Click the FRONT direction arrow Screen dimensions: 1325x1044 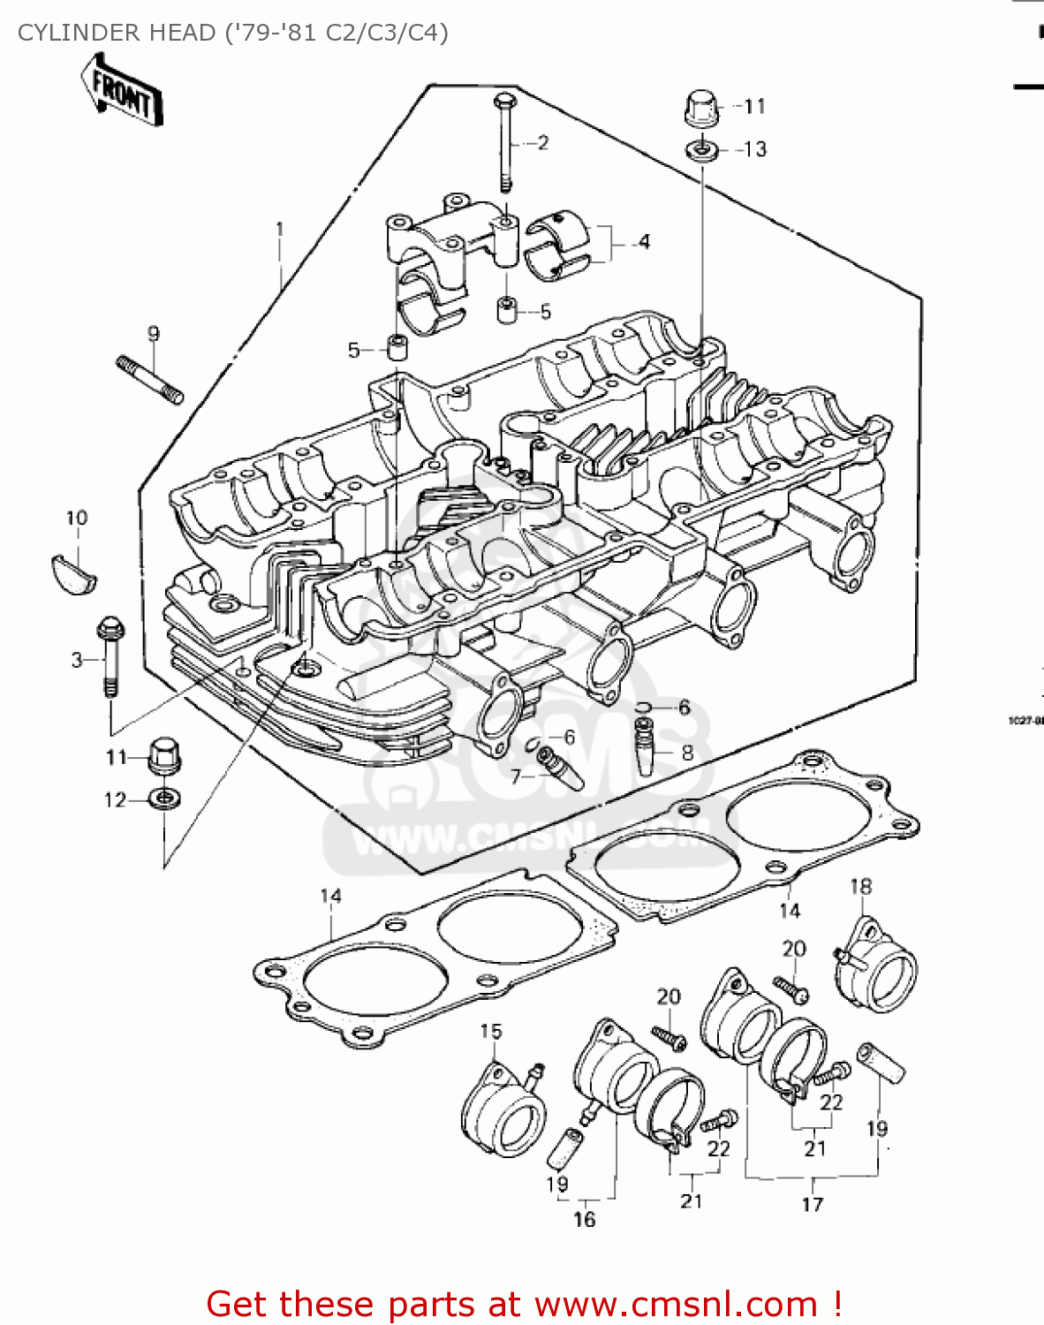pos(121,90)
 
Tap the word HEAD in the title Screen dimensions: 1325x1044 pos(178,33)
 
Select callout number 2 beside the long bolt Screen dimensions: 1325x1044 pos(542,142)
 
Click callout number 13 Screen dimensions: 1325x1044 pos(755,149)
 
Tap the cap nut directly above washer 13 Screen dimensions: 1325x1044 pos(700,107)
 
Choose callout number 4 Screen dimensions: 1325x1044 pos(644,241)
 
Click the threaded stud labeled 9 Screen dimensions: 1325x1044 pos(149,378)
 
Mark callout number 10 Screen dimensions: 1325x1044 pos(77,518)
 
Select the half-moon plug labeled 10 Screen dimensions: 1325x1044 pos(71,571)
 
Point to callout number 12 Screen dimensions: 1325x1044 pos(115,800)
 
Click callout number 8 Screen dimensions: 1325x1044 pos(687,753)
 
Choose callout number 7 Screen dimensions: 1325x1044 pos(516,776)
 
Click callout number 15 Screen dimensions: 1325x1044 pos(491,1031)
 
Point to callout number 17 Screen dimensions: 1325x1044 pos(813,1204)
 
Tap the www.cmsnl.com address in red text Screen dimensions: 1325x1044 pos(677,1304)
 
